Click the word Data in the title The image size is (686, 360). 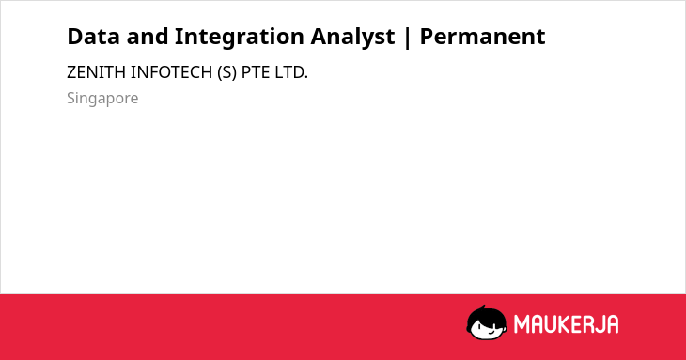93,37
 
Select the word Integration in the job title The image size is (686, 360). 240,38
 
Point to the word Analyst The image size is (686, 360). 352,38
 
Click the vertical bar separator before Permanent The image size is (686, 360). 408,38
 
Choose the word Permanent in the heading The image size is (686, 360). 483,37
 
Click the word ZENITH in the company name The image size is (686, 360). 96,72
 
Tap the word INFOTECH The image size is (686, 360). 171,72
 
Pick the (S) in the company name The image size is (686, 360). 226,72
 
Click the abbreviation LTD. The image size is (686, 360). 291,72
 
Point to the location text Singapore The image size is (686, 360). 102,99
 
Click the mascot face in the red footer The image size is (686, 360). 487,322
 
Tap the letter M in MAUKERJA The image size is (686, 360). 522,324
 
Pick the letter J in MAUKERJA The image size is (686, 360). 597,324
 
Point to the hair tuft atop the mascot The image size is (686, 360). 483,307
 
